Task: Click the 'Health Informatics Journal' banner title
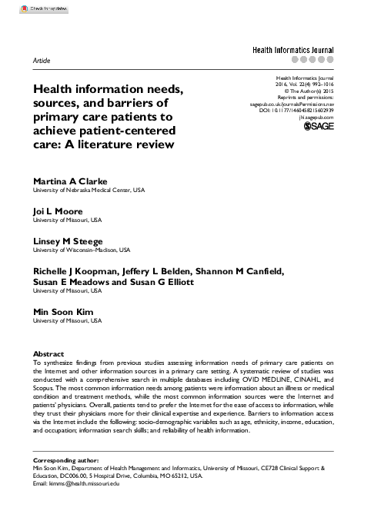(x=295, y=48)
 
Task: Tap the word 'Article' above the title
(x=44, y=58)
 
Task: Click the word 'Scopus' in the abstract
(x=44, y=383)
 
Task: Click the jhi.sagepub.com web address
(x=316, y=118)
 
